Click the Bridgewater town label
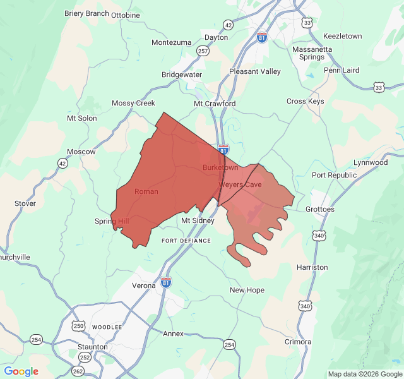point(182,75)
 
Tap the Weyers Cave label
point(240,184)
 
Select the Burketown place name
point(220,167)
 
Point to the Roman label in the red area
point(146,191)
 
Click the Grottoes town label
point(319,209)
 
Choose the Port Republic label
point(334,175)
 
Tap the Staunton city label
point(92,347)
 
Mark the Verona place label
point(144,286)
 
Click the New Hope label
point(247,290)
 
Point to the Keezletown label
point(342,36)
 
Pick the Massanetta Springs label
point(308,53)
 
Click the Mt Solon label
point(82,118)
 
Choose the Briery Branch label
point(86,13)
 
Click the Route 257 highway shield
point(203,51)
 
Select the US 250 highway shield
point(78,325)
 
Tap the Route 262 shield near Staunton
point(78,371)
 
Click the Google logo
point(21,371)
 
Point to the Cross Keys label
point(305,101)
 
